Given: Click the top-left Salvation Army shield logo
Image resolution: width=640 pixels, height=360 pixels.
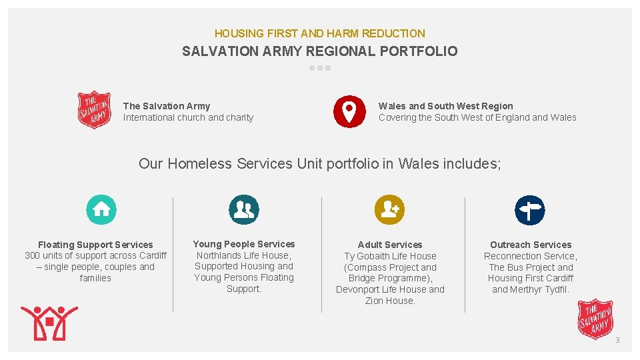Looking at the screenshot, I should point(95,110).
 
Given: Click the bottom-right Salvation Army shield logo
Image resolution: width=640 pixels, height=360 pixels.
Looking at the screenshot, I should point(595,319).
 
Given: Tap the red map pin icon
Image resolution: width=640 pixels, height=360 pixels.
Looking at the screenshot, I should point(349,111).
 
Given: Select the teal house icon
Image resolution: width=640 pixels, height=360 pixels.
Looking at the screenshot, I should point(101,209).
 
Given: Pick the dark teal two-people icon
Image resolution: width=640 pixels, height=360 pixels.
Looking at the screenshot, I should point(243,209).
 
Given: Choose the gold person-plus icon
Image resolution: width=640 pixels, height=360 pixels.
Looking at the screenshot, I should point(389,209).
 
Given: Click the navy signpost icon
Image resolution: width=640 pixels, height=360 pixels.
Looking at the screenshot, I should point(529,210).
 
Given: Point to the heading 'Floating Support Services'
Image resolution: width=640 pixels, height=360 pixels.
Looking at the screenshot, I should point(95,245).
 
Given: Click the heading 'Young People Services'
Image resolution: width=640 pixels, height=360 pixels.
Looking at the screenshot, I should point(244,244).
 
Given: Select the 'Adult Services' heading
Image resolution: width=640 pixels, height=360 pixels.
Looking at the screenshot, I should point(390,245).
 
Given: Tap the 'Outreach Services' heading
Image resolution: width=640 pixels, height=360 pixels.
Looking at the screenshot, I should point(531,245).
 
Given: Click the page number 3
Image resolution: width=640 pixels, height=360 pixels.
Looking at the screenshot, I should point(617,341).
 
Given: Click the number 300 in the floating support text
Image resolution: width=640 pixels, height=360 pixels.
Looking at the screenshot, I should point(33,256).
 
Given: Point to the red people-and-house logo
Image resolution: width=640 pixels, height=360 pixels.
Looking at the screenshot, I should point(49,323).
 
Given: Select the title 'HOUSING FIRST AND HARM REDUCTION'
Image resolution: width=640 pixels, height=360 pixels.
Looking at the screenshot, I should point(319,33).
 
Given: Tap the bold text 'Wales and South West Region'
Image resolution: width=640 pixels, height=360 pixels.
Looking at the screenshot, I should point(445,106).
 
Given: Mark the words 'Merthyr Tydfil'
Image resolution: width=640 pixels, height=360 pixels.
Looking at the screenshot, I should point(539,289).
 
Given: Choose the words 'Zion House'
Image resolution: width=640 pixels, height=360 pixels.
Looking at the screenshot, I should point(389,301).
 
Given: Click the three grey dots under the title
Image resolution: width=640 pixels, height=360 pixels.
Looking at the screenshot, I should point(320,68).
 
